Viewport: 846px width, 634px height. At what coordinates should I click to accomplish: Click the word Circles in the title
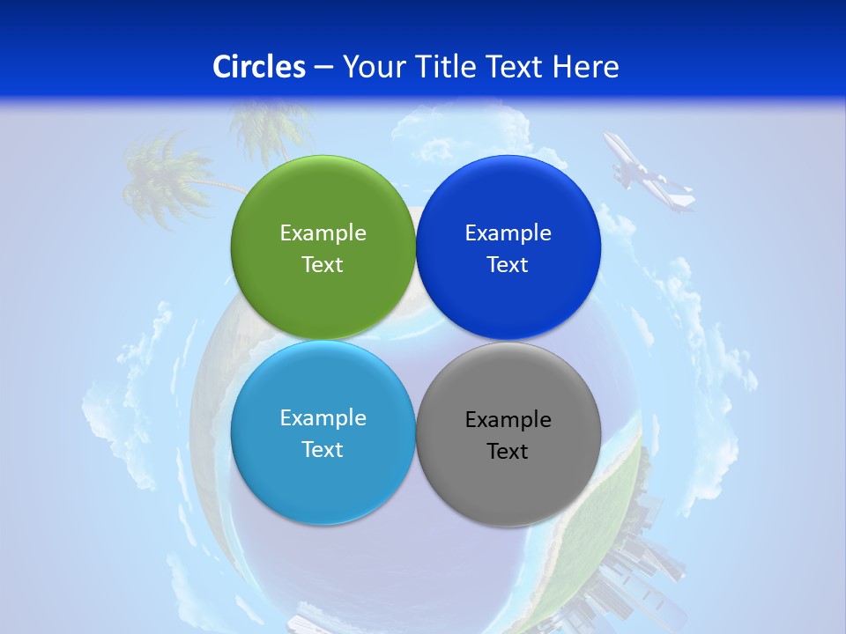click(x=259, y=67)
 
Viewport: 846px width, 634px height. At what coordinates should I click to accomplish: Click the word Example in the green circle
click(x=323, y=233)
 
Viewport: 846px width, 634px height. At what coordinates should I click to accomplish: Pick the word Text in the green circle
click(x=323, y=265)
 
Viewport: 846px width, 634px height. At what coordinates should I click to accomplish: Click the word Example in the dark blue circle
click(x=508, y=233)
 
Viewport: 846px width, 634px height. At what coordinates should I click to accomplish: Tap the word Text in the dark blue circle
click(x=508, y=265)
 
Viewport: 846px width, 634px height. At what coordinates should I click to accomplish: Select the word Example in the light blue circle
click(x=323, y=418)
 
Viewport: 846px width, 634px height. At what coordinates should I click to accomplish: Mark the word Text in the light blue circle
click(x=323, y=450)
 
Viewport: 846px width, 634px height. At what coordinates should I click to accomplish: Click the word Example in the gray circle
click(x=508, y=420)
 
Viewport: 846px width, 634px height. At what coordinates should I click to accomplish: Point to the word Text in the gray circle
click(x=508, y=452)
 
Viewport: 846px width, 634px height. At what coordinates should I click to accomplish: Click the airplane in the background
click(x=648, y=174)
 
